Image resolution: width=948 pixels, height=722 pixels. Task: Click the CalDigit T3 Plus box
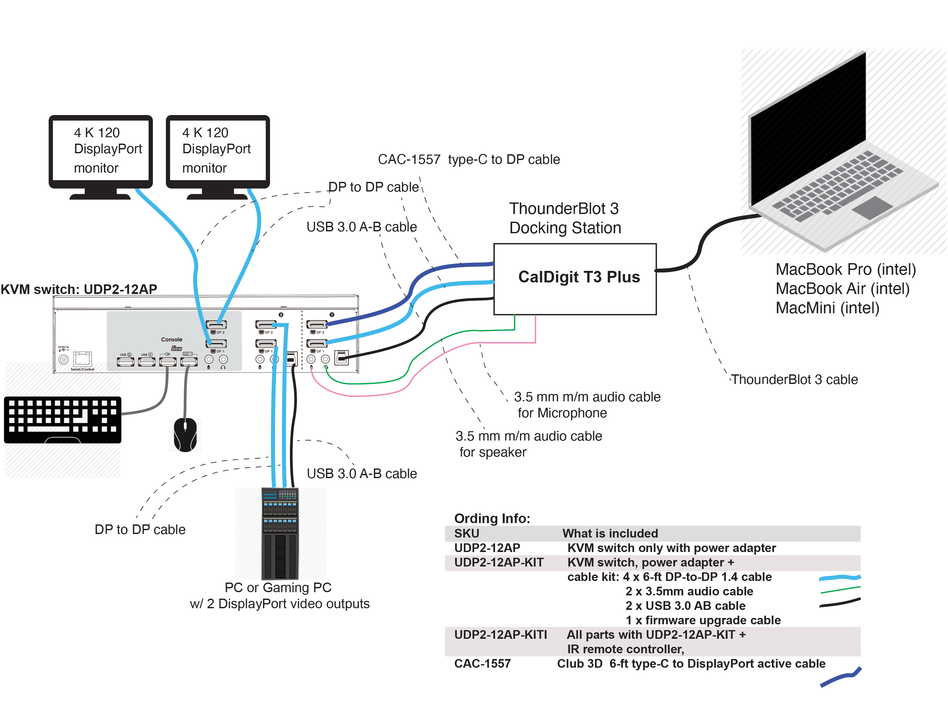(574, 279)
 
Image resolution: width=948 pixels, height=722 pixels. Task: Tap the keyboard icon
(62, 419)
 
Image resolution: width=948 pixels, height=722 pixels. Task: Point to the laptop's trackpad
(873, 207)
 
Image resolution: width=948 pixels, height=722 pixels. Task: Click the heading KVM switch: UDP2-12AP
(79, 289)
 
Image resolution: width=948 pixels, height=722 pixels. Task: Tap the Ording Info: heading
(492, 518)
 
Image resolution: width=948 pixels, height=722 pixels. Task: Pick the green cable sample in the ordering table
(840, 590)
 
